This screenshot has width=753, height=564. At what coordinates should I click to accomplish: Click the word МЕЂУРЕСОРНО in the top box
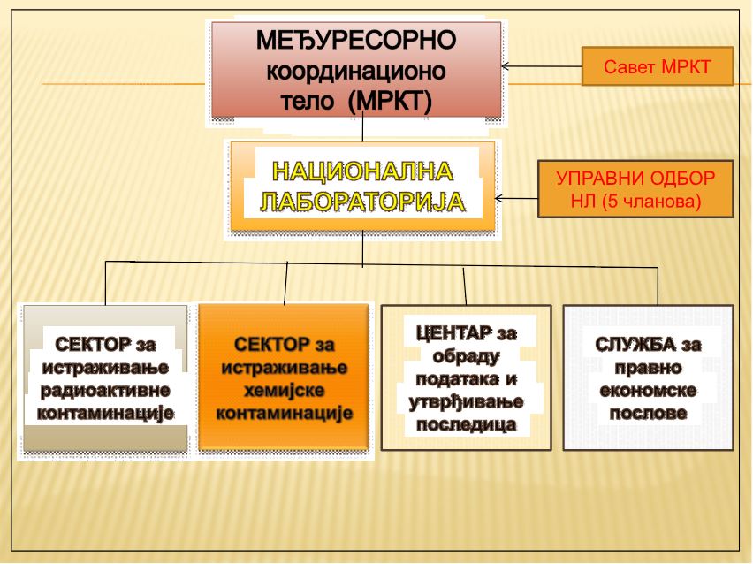(x=356, y=40)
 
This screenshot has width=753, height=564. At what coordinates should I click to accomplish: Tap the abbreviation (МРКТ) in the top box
(x=390, y=101)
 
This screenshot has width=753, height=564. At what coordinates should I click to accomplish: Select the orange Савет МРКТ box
(x=658, y=66)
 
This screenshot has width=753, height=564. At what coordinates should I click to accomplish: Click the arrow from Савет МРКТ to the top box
(x=541, y=66)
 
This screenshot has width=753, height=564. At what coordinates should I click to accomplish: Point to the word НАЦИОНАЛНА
(x=362, y=171)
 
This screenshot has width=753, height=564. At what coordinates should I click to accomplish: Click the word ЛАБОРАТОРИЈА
(x=362, y=202)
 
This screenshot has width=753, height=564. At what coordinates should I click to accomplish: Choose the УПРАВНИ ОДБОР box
(x=635, y=189)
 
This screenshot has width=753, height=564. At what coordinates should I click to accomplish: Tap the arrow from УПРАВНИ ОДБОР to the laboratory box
(x=516, y=198)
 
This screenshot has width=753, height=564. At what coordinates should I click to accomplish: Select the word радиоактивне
(x=105, y=390)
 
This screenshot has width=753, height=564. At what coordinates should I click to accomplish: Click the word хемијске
(x=285, y=390)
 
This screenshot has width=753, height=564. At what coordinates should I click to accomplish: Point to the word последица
(x=467, y=424)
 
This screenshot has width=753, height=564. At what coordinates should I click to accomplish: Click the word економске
(x=648, y=390)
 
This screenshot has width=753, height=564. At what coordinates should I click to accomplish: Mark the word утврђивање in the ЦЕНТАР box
(x=466, y=402)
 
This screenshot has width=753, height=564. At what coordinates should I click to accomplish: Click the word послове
(x=648, y=413)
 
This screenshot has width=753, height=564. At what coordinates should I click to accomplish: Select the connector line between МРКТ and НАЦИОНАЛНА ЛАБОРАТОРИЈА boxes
(x=362, y=126)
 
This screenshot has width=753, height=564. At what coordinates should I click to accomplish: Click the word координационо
(x=356, y=71)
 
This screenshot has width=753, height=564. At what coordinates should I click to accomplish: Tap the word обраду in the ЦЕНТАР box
(x=466, y=356)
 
